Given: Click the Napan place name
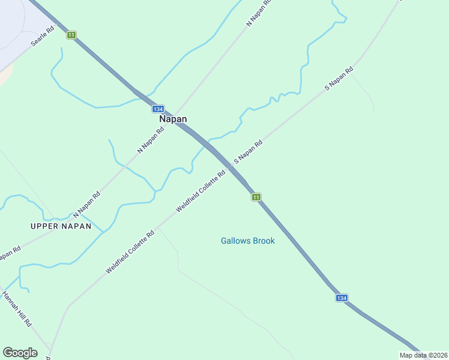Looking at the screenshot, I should coord(172,119).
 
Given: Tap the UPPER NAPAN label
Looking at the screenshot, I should coord(61,226).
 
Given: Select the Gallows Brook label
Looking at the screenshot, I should coord(247,241).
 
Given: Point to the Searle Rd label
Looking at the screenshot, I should coord(43,37).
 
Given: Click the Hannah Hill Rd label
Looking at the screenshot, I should coord(17,308).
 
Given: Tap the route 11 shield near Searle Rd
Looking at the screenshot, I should coord(71,35).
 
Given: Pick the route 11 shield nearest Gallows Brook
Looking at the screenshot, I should coord(256,197).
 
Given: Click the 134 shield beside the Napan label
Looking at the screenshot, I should coord(157,109).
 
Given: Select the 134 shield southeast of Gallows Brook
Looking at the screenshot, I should coord(341,298).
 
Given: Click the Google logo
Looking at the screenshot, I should coord(20,353).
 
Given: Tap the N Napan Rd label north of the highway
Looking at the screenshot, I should coord(259,13).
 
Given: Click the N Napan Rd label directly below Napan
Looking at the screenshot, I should coord(151,139).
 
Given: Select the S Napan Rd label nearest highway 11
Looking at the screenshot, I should coord(248,152).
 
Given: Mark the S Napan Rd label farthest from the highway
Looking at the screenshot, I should coord(339,79).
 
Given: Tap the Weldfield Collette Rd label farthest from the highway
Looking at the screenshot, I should coord(130,251).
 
